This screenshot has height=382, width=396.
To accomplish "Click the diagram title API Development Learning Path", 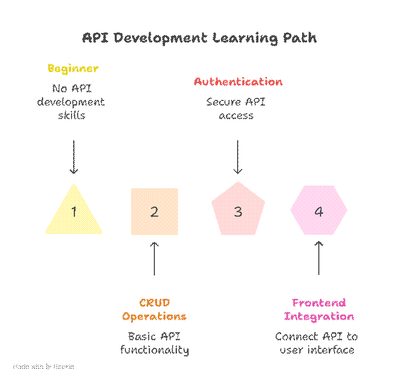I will pos(200,38).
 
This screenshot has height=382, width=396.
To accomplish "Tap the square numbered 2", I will pos(154,212).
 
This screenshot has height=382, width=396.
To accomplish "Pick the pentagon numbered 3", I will pos(238,211).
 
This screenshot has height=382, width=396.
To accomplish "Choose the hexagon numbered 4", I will pos(319,211).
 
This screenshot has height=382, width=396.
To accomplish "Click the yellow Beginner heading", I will pos(73,68).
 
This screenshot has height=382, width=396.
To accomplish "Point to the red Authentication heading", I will pos(238,82).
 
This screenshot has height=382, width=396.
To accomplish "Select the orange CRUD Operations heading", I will pos(154,309).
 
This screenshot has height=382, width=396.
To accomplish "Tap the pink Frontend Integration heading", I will pos(319,309).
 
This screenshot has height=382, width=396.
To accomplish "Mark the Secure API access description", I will pos(237,109).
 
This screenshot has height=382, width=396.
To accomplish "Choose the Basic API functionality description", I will pos(154,343).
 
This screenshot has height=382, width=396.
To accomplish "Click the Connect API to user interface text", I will pos(317,343).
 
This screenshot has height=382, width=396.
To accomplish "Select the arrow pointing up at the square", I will pos(154,258).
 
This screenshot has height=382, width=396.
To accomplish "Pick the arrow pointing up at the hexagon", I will pos(319,258).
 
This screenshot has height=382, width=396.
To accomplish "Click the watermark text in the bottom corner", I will pos(44,366).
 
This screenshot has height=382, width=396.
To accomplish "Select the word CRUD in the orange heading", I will pos(154,303).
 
